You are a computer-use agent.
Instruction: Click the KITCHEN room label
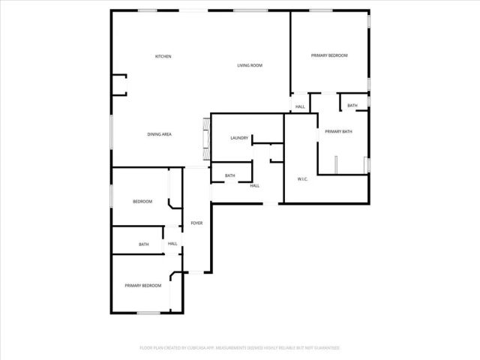click(163, 57)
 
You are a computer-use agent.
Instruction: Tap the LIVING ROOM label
click(250, 66)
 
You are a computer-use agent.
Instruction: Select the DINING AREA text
click(160, 134)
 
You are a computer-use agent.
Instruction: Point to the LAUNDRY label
click(239, 138)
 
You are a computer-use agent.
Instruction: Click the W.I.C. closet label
click(303, 178)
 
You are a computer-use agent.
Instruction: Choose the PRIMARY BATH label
click(338, 132)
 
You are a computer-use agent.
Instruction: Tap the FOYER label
click(196, 223)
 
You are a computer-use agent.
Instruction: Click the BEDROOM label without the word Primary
click(142, 202)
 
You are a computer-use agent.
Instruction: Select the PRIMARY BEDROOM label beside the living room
click(330, 55)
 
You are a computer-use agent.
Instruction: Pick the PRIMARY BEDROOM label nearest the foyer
click(142, 286)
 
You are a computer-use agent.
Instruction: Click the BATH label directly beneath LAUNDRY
click(230, 176)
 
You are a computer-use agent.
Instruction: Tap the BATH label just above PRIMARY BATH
click(352, 106)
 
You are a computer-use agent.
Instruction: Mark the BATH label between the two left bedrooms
click(143, 244)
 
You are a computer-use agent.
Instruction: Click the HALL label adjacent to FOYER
click(172, 244)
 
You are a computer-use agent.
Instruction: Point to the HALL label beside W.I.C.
click(254, 186)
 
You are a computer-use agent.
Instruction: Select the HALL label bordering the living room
click(300, 107)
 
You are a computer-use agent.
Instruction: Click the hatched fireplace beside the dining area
click(205, 141)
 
